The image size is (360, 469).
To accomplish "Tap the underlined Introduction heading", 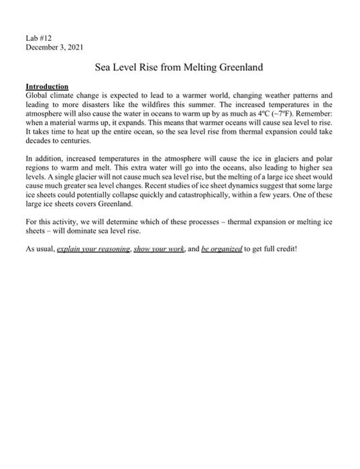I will pos(46,87).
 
